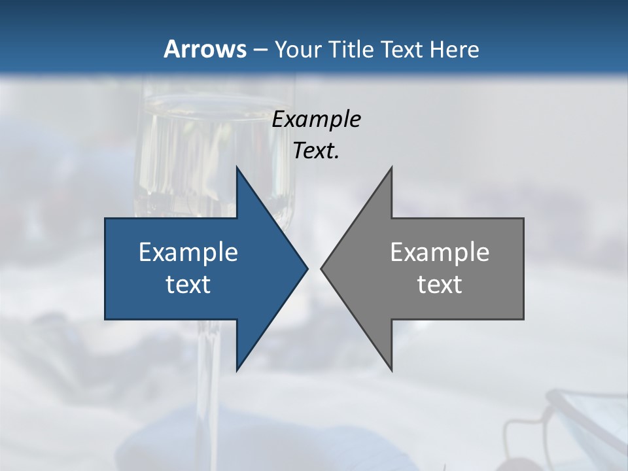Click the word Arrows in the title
coord(205,49)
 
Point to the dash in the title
coord(260,50)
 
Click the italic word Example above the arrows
coord(316,119)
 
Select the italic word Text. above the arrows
coord(316,151)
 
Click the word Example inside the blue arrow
coord(188,252)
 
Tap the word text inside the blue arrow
coord(188,285)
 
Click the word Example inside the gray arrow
coord(440,252)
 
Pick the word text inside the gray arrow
coord(440,285)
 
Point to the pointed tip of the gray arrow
coord(322,268)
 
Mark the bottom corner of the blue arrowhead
coord(237,370)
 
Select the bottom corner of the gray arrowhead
coord(391,370)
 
